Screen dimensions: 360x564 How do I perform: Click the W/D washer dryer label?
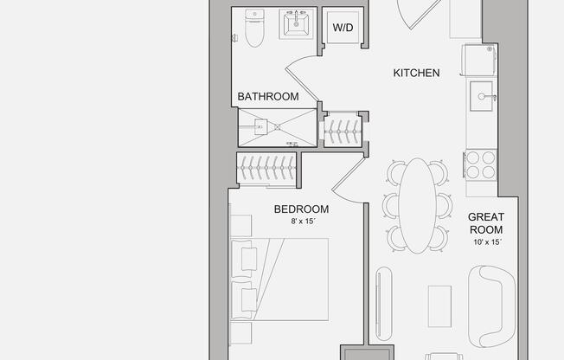[x=343, y=29]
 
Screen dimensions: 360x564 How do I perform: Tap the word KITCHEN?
[x=417, y=74]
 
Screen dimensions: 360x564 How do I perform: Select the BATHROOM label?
[x=268, y=97]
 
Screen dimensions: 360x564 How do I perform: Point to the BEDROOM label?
[x=301, y=209]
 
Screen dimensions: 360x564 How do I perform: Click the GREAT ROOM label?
[x=485, y=223]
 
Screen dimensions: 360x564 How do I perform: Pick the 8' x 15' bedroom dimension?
[x=301, y=222]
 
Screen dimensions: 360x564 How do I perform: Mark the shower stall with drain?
[x=277, y=126]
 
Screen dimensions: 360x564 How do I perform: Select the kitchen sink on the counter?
[x=482, y=93]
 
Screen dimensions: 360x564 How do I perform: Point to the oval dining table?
[x=419, y=204]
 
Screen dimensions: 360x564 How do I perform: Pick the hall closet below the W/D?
[x=343, y=130]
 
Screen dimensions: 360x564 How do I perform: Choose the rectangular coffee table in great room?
[x=439, y=305]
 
